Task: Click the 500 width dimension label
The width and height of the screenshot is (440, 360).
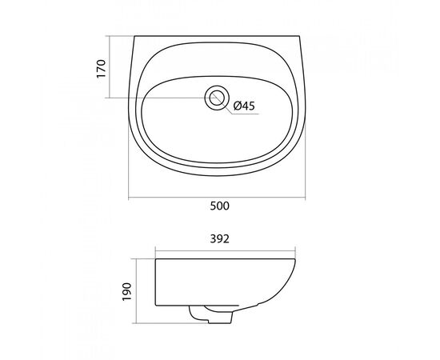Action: coord(220,206)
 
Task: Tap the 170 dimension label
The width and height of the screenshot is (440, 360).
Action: coord(102,69)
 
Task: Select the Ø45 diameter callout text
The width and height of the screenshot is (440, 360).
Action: coord(244,106)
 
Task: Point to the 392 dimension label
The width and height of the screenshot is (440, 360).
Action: coord(220,238)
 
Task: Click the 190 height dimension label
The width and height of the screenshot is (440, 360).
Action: coord(127,291)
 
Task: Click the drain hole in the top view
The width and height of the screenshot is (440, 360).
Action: coord(217,98)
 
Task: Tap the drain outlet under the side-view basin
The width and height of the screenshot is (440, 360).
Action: coord(211,315)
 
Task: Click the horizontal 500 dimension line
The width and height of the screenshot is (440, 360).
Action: coord(217,198)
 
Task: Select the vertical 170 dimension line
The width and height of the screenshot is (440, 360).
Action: coord(109,67)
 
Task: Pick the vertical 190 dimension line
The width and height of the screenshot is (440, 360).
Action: coord(136,291)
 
